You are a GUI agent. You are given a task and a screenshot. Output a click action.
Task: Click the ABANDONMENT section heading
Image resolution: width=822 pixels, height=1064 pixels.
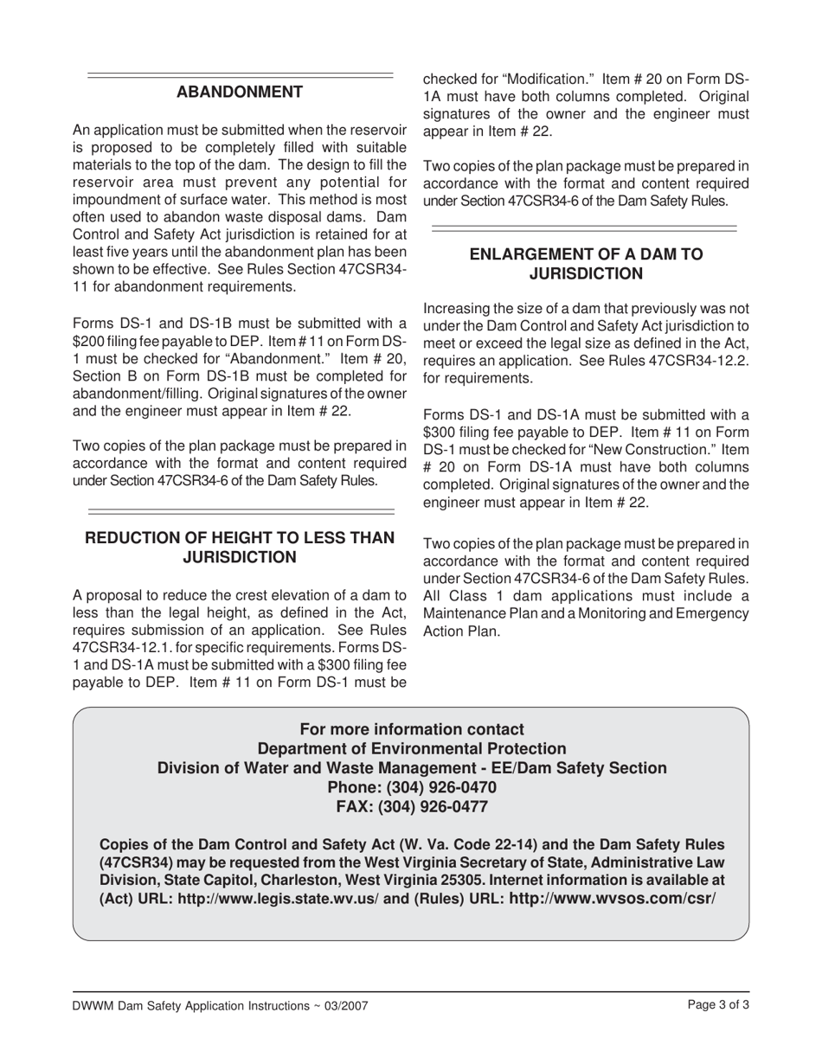(x=240, y=93)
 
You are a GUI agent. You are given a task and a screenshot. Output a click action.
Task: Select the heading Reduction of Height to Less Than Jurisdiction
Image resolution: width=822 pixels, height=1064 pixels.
(x=240, y=548)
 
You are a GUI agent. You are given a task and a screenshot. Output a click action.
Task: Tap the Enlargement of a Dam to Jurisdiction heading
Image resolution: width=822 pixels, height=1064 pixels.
(x=585, y=264)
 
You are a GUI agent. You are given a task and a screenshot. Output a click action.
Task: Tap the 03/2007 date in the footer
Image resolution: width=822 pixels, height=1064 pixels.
(x=351, y=1006)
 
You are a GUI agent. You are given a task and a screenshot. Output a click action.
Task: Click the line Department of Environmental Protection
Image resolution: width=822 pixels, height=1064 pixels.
(x=412, y=748)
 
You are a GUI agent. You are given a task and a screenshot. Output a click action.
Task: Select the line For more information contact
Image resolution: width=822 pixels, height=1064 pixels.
(x=412, y=729)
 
